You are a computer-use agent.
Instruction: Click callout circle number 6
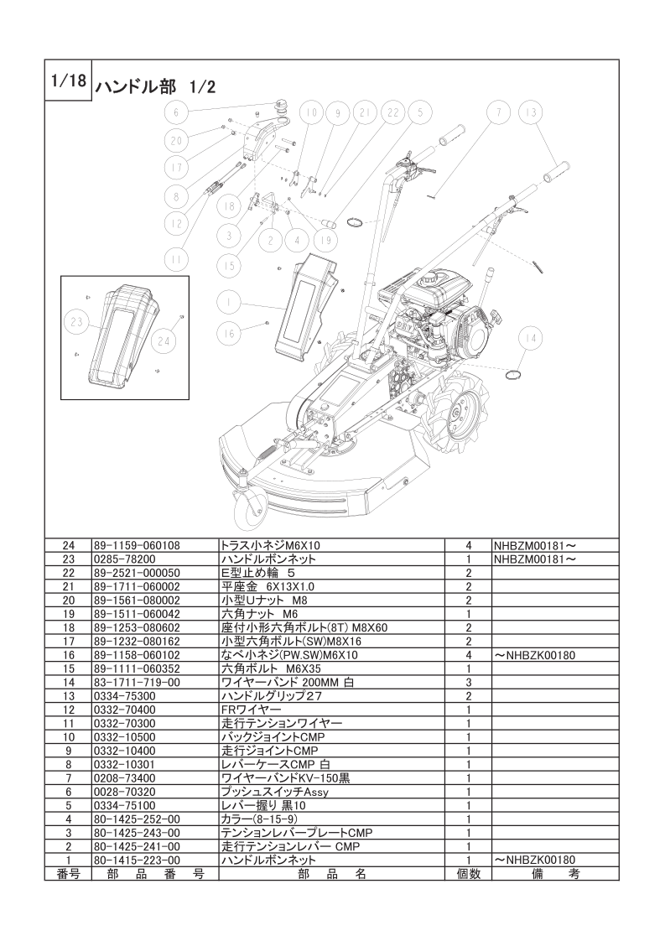pos(177,112)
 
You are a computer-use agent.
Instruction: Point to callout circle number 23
pos(77,321)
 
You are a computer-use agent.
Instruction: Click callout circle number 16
pos(227,333)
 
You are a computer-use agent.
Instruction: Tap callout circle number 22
pos(392,112)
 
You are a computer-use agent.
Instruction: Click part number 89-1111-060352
pos(136,668)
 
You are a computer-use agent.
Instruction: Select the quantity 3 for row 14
pos(468,683)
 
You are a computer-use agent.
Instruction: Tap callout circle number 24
pos(164,340)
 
